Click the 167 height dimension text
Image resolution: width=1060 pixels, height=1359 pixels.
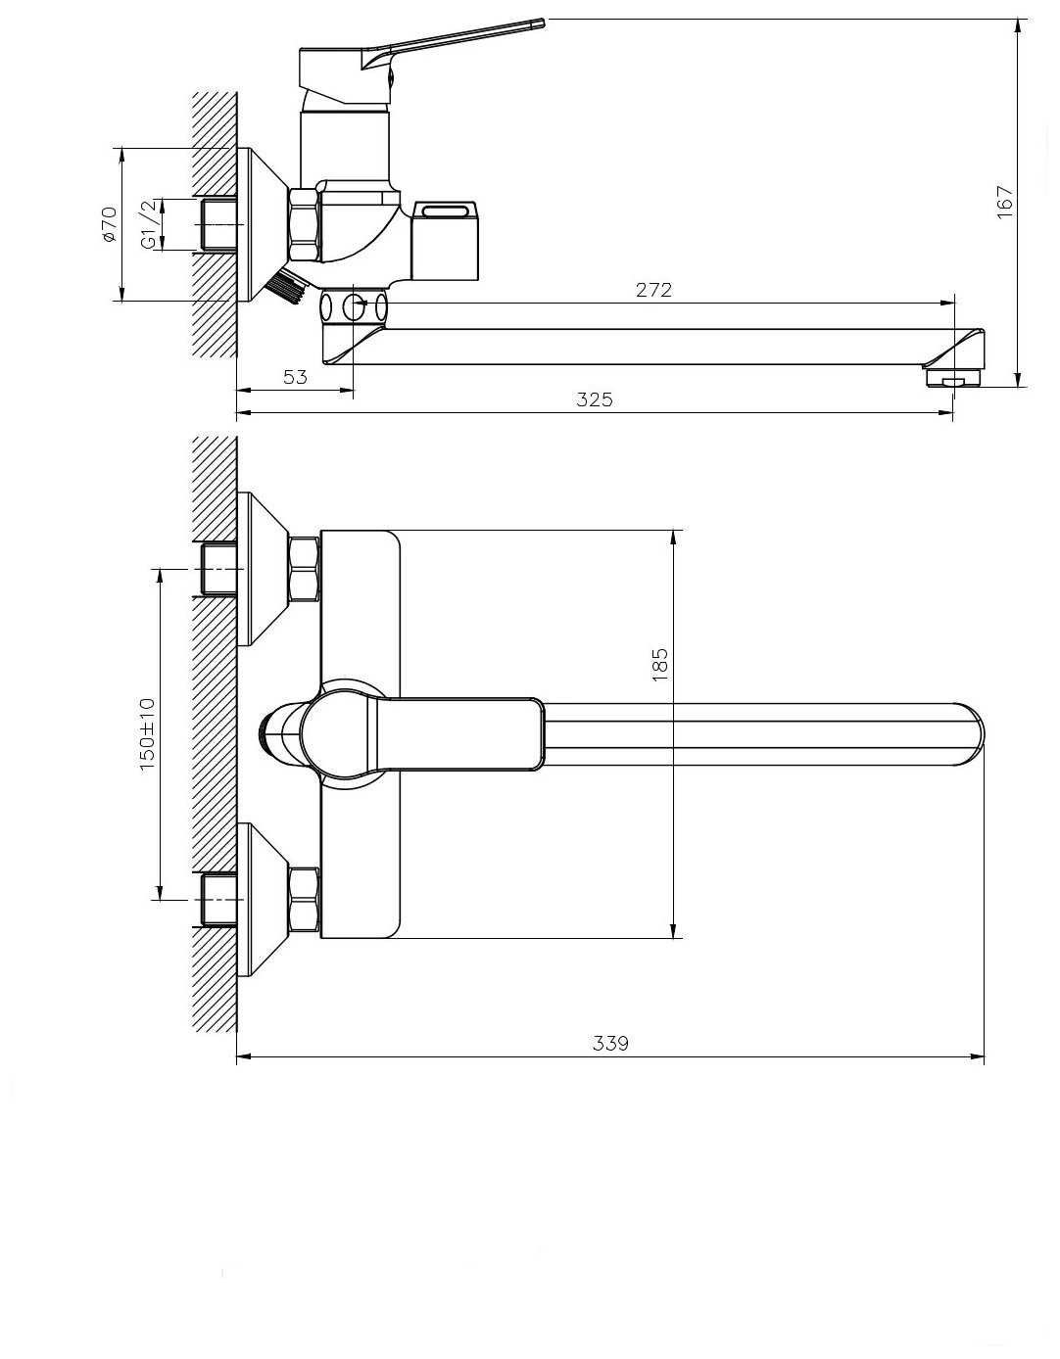pos(1004,202)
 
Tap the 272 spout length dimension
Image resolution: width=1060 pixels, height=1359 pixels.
pos(653,290)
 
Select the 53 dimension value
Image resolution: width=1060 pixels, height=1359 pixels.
pos(295,377)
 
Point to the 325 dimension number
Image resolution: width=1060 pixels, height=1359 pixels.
pos(595,399)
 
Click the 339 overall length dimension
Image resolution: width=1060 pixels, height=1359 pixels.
pos(610,1043)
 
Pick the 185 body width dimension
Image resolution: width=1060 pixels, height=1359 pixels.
pos(660,665)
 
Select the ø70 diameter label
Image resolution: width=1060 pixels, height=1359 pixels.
pos(109,224)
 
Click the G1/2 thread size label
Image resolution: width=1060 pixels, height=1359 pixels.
pos(149,224)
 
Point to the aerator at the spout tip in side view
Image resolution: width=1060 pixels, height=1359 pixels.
pos(953,377)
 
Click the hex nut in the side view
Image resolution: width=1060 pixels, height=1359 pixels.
pos(305,224)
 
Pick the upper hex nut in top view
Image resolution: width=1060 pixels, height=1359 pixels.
pos(304,569)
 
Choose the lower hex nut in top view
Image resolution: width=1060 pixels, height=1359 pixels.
pos(304,900)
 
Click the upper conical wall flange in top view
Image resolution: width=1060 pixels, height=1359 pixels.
pos(263,569)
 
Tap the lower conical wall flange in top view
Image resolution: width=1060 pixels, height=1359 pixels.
pos(263,900)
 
